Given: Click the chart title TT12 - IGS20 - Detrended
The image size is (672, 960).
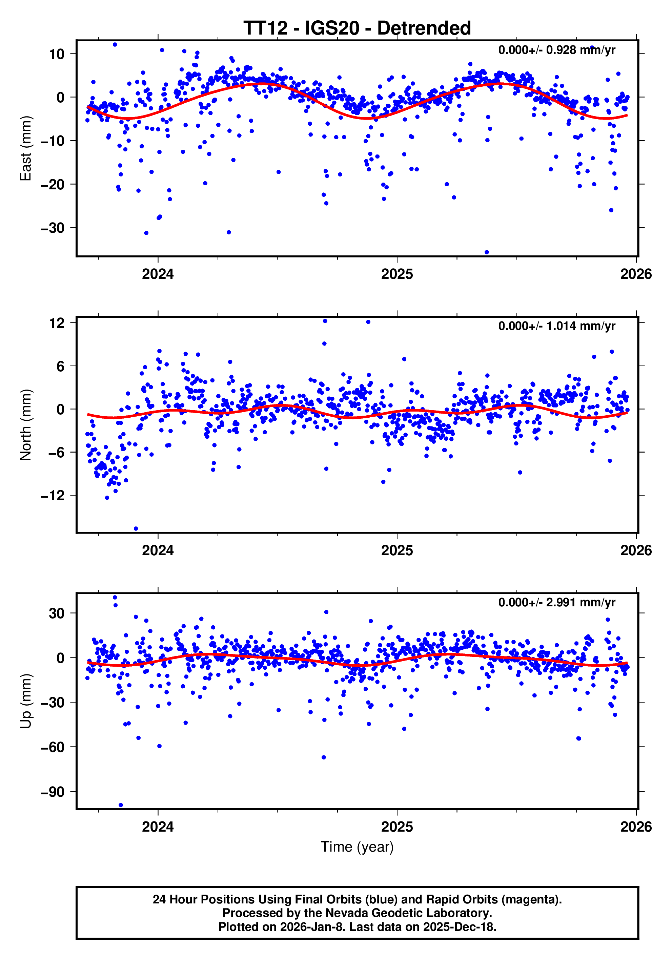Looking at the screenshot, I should click(357, 28).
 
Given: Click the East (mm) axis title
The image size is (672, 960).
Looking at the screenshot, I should click(26, 148).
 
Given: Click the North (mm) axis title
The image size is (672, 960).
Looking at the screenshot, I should click(26, 425).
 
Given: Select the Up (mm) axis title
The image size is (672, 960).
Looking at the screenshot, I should click(26, 701).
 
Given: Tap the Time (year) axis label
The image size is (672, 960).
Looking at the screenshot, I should click(357, 847).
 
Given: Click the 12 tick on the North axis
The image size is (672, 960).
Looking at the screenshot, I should click(57, 323).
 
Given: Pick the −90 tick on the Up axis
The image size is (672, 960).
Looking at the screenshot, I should click(52, 792).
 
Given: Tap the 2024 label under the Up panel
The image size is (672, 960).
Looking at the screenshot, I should click(158, 827).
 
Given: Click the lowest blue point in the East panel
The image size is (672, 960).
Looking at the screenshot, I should click(486, 252).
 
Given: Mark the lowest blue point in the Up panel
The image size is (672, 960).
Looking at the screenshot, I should click(121, 805).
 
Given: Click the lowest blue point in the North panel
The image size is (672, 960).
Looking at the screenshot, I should click(136, 528).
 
